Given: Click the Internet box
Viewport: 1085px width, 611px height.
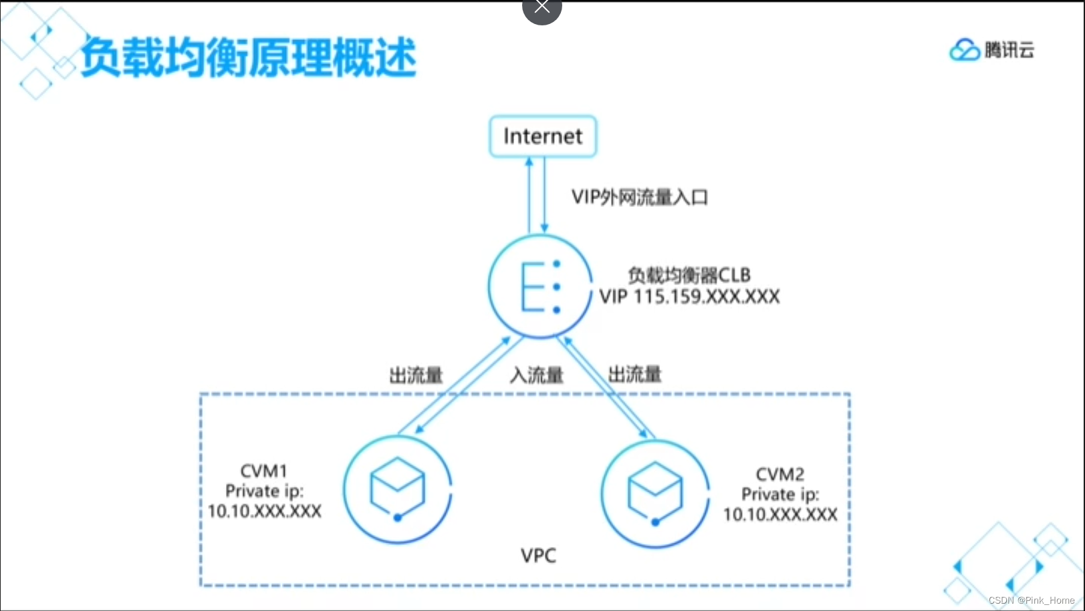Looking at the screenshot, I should (543, 136).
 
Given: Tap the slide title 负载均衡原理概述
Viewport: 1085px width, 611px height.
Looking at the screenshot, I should (249, 57).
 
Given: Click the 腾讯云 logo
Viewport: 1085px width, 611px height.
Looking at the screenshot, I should (991, 50).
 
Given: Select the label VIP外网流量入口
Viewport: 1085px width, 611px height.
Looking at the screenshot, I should (639, 197).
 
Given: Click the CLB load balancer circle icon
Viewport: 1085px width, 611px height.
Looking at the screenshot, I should (539, 286).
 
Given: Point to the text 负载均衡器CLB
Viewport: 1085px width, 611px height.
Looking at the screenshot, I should (689, 275).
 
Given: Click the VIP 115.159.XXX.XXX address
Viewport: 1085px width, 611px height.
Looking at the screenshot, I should (689, 297).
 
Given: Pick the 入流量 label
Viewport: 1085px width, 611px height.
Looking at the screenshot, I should (536, 375).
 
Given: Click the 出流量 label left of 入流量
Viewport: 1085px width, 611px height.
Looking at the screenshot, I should (416, 375).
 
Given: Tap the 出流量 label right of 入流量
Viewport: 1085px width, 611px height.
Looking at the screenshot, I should (634, 374).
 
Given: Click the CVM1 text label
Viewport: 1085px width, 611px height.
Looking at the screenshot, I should (264, 471).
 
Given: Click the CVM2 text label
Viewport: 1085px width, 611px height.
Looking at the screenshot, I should (780, 475).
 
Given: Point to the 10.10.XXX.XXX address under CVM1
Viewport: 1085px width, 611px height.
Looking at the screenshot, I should (265, 512).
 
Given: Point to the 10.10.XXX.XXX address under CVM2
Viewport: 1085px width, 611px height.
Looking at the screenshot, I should (780, 515).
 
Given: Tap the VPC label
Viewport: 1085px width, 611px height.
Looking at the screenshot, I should (538, 556).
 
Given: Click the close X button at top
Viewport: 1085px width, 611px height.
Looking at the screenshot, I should (542, 8).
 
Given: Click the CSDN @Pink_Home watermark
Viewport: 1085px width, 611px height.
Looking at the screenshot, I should (1032, 600).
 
